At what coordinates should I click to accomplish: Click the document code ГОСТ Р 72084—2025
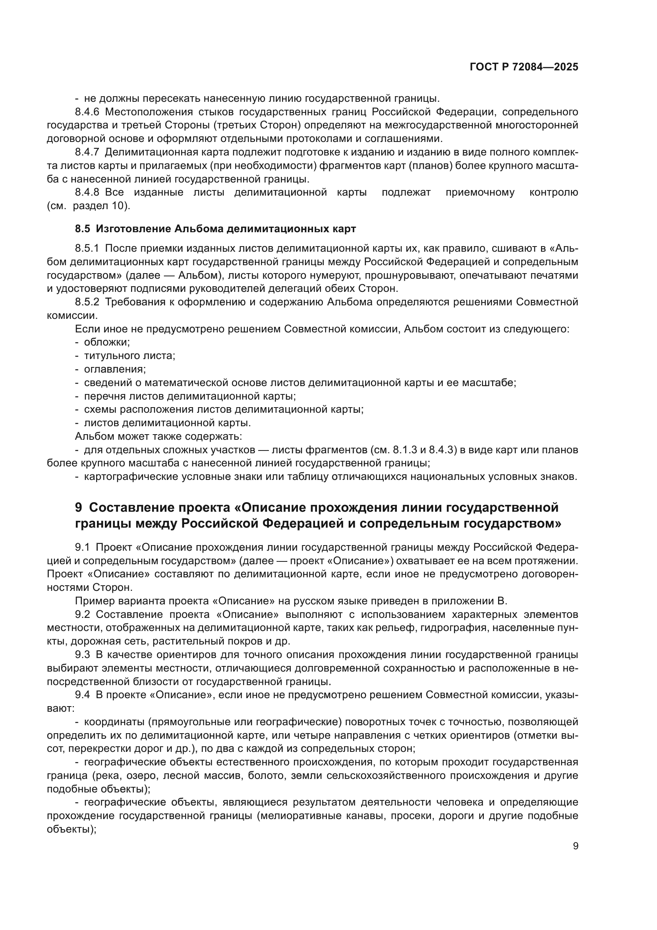point(524,67)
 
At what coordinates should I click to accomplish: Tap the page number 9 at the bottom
point(576,846)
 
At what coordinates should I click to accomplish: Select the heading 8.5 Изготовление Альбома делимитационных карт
point(215,229)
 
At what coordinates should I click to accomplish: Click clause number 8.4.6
point(87,112)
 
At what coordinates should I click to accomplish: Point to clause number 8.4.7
point(87,152)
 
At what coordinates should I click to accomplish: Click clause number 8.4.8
point(87,192)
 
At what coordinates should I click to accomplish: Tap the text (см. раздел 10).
point(89,206)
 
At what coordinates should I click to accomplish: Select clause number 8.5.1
point(87,248)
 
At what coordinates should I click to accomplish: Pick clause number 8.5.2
point(87,302)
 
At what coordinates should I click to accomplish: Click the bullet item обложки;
point(107,342)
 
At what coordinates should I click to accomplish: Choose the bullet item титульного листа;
point(129,356)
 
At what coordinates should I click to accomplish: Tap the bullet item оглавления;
point(115,369)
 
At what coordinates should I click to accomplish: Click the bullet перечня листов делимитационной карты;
point(190,396)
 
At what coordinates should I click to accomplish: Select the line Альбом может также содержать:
point(158,436)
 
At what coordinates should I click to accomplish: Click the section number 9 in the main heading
point(79,507)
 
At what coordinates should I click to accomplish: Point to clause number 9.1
point(82,548)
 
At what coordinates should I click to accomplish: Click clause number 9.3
point(82,655)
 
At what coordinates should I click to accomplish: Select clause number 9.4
point(82,695)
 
